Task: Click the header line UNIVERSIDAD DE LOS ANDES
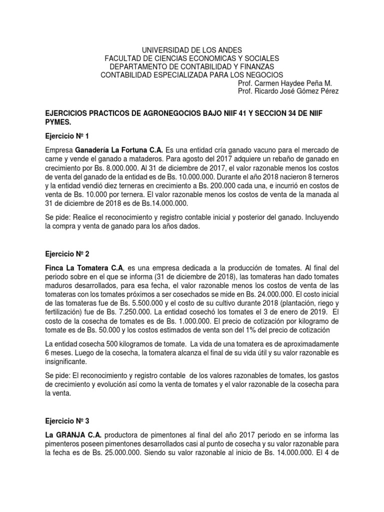[x=192, y=50]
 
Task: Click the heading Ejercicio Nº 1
[x=66, y=135]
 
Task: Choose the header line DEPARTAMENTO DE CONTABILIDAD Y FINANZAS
[x=192, y=66]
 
